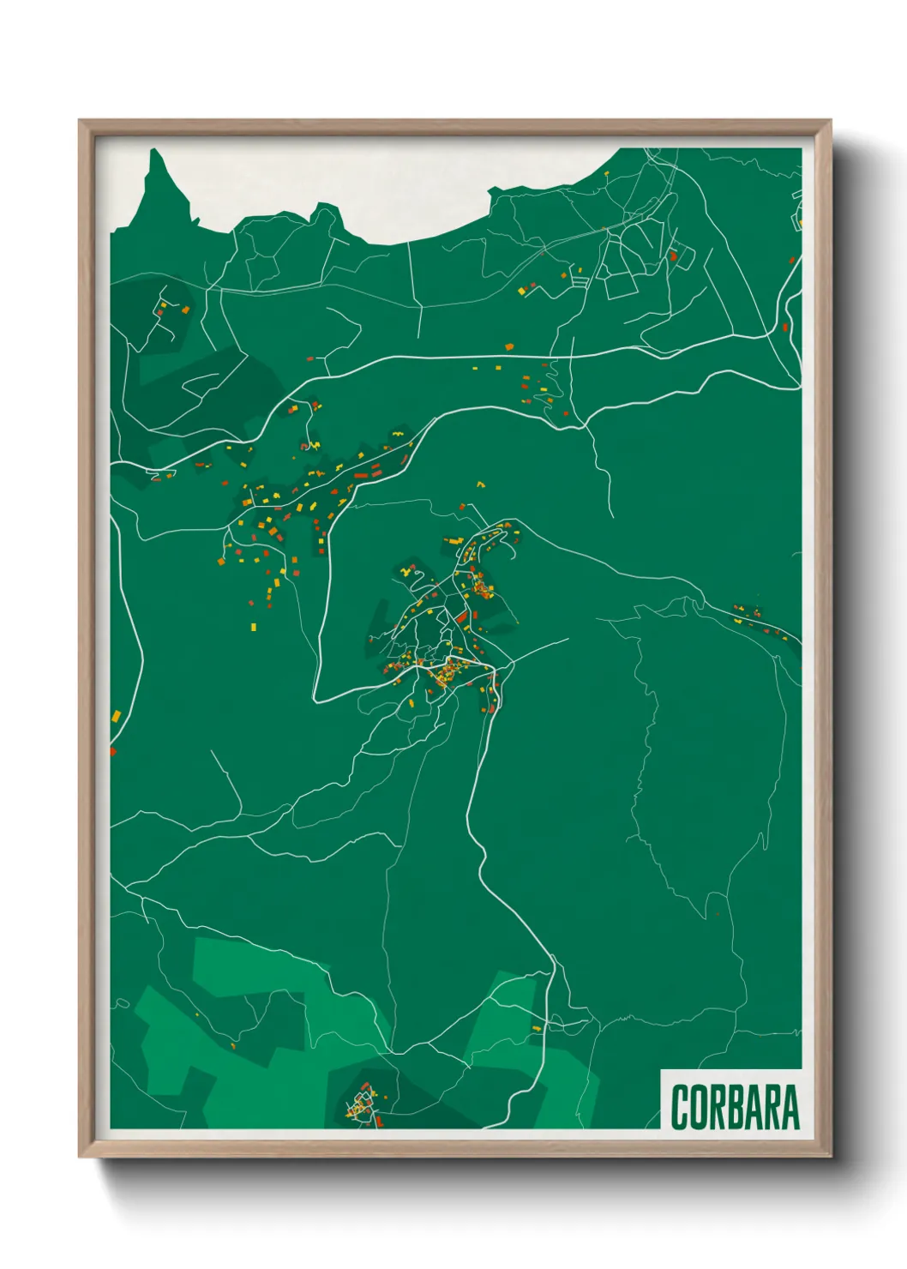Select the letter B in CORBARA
click(735, 1107)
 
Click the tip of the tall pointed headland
click(155, 152)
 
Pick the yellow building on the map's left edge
click(114, 713)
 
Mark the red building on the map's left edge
click(112, 751)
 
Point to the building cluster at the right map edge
click(758, 619)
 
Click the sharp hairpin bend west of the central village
click(316, 699)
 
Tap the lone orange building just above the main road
click(508, 346)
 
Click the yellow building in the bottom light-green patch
click(537, 1027)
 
